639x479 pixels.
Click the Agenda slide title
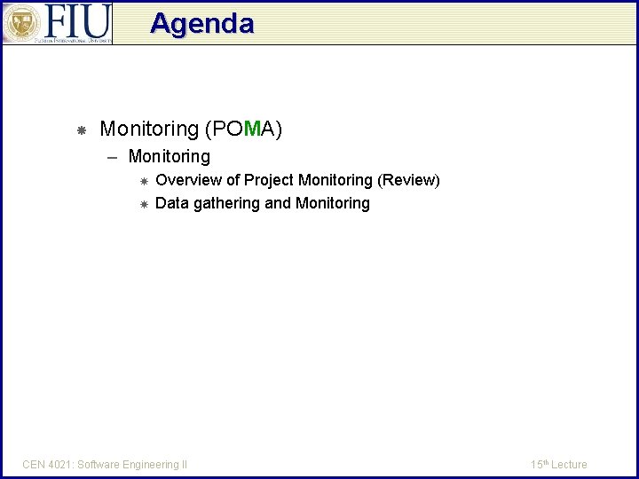click(x=202, y=23)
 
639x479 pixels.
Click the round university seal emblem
click(x=20, y=23)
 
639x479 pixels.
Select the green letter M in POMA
click(x=251, y=130)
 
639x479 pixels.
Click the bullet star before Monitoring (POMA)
click(x=80, y=130)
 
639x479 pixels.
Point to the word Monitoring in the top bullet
click(x=149, y=130)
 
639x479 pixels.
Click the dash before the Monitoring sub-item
click(x=113, y=157)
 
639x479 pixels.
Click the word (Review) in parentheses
click(x=408, y=180)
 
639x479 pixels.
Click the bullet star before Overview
click(x=144, y=181)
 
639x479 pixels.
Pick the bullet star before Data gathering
click(x=144, y=204)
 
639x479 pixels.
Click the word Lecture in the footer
click(x=569, y=464)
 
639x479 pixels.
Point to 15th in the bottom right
click(x=539, y=464)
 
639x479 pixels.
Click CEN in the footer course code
click(x=34, y=464)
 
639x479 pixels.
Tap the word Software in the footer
click(x=100, y=464)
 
